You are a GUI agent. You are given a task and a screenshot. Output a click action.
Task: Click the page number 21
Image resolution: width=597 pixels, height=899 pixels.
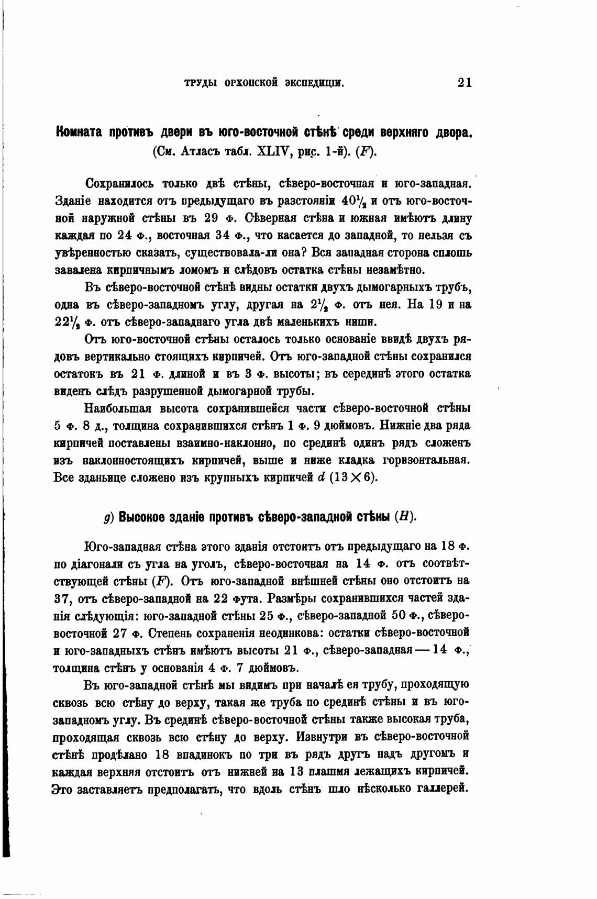click(465, 83)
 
